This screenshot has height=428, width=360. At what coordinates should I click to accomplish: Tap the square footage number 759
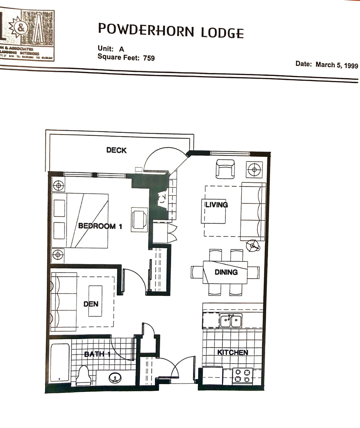[x=149, y=58]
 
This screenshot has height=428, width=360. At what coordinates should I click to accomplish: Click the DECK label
[x=116, y=150]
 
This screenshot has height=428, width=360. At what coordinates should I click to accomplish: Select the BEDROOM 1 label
[x=100, y=226]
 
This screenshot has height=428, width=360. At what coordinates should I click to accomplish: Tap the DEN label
[x=91, y=304]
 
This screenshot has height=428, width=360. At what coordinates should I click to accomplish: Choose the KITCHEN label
[x=233, y=352]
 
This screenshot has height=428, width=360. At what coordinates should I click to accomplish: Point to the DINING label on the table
[x=226, y=272]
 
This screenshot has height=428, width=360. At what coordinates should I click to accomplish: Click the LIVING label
[x=217, y=205]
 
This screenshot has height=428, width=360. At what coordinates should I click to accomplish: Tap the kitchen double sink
[x=231, y=320]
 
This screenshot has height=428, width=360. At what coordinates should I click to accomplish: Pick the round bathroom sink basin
[x=115, y=378]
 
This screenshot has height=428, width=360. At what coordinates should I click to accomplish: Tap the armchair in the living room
[x=225, y=169]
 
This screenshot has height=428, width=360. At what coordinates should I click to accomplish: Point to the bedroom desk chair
[x=140, y=219]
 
